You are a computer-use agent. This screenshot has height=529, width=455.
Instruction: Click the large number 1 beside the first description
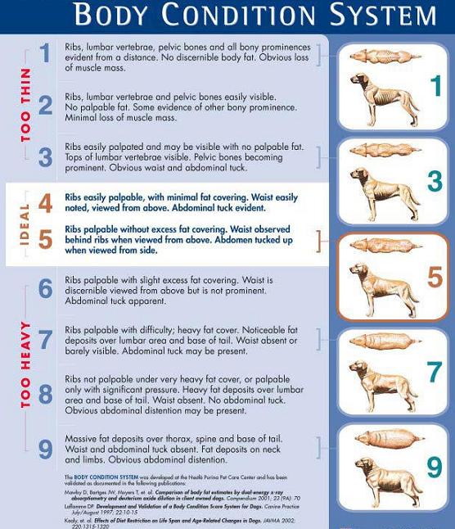pyautogui.click(x=45, y=54)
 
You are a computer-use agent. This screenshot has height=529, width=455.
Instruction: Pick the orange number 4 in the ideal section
pyautogui.click(x=45, y=203)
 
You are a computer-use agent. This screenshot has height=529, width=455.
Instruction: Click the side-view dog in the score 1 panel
pyautogui.click(x=380, y=94)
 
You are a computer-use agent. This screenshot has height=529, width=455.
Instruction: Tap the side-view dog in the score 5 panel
pyautogui.click(x=381, y=286)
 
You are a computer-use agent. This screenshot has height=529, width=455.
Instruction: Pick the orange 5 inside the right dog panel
pyautogui.click(x=434, y=277)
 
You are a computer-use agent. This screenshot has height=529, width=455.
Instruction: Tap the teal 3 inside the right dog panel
pyautogui.click(x=434, y=181)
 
